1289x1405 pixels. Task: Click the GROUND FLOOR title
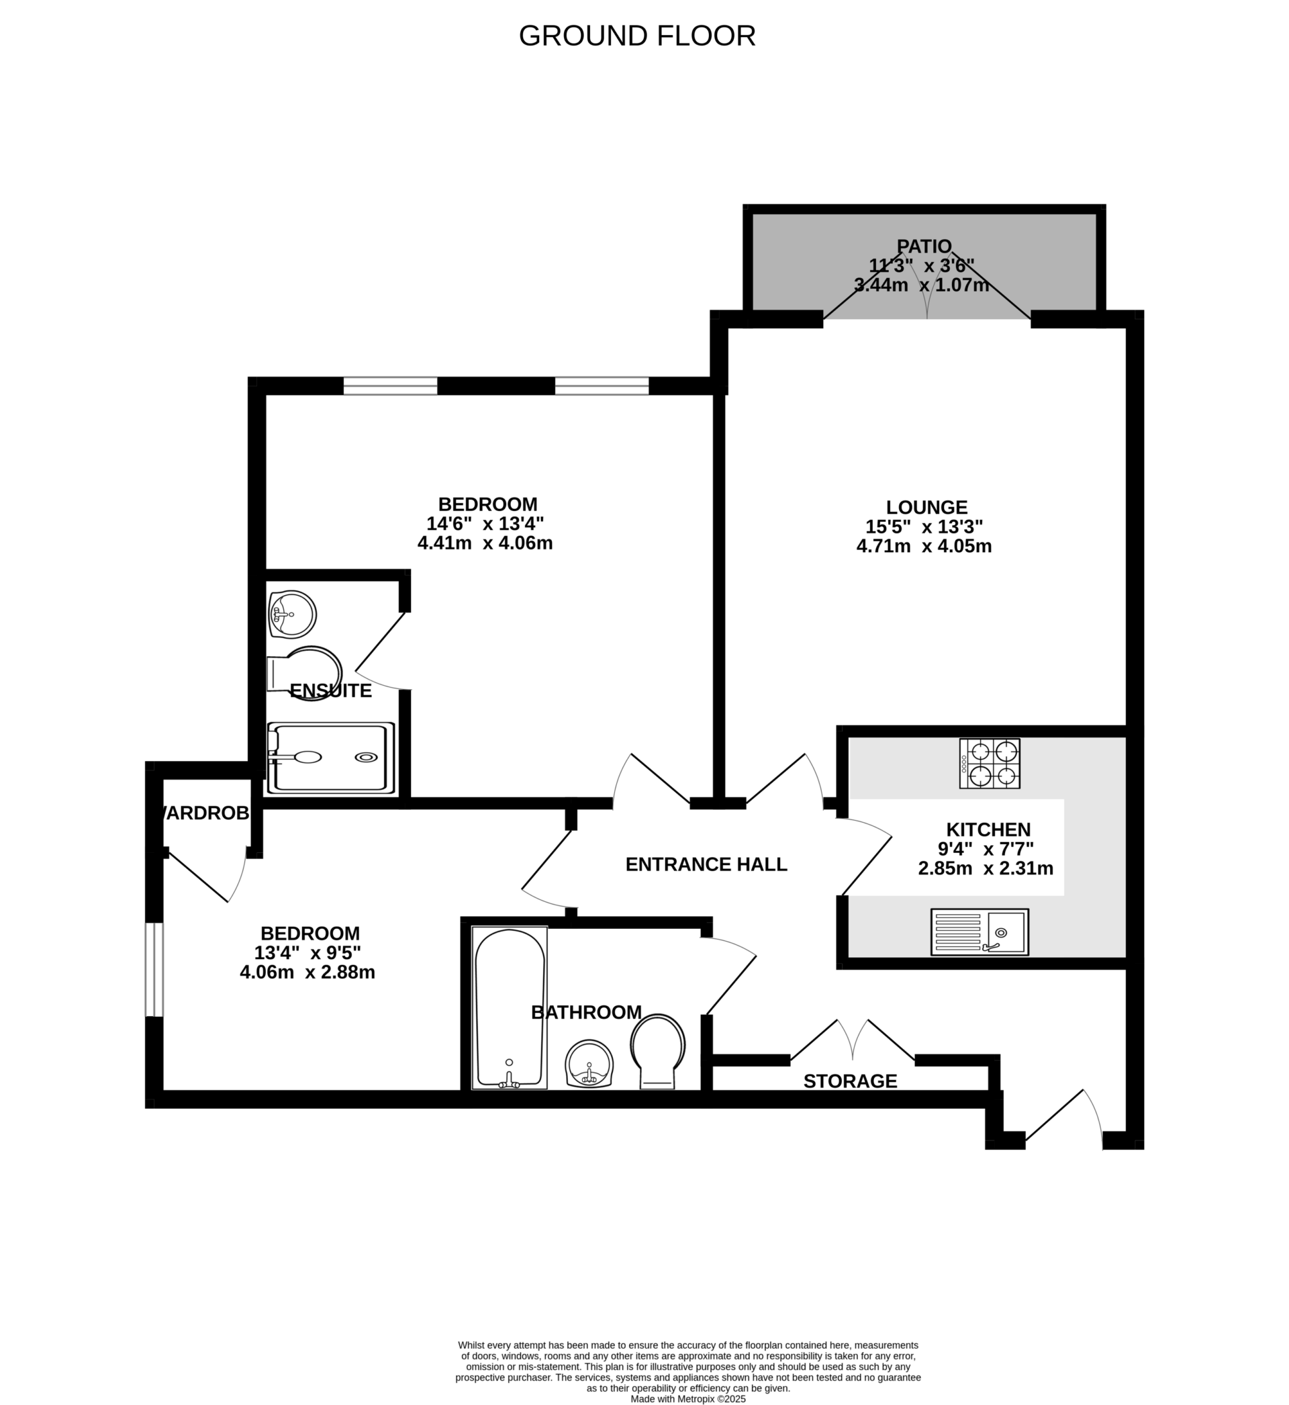(637, 36)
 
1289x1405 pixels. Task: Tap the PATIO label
(924, 246)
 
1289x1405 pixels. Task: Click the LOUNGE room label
(926, 507)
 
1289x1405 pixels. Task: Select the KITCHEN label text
(988, 829)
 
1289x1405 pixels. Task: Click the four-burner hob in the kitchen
(989, 763)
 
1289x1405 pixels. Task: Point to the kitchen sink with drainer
(980, 932)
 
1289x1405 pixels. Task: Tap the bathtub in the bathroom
(509, 1007)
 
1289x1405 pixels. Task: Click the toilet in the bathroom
(658, 1050)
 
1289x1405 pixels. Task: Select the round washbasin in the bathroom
(589, 1064)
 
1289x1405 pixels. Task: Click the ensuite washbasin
(292, 614)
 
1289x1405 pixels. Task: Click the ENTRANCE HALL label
(706, 864)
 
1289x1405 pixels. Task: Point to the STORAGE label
(849, 1081)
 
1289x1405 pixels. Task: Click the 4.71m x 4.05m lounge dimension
(924, 546)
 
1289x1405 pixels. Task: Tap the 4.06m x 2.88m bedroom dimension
(307, 972)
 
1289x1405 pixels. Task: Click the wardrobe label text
(204, 813)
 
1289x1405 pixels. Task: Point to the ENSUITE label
(330, 690)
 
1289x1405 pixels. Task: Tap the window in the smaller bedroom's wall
(154, 969)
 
